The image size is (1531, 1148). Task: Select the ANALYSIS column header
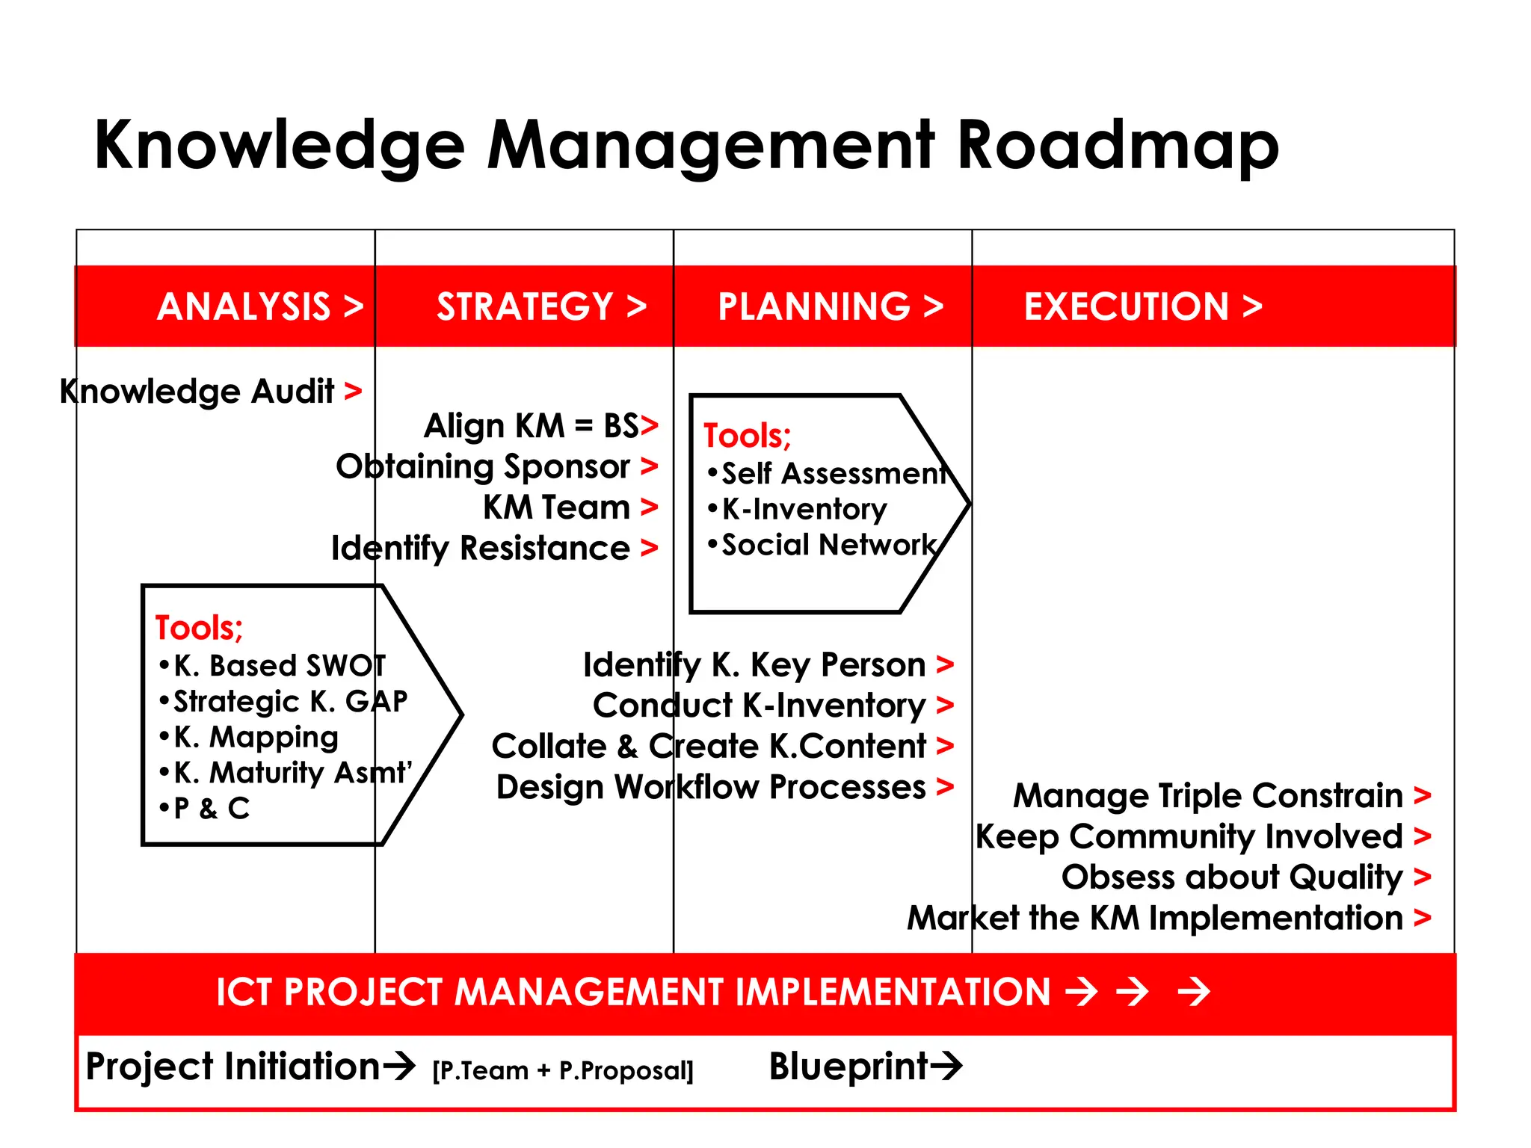(x=259, y=306)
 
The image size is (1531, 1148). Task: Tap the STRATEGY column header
(x=540, y=306)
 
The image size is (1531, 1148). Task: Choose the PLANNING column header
(x=830, y=306)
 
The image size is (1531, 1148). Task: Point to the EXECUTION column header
(x=1142, y=306)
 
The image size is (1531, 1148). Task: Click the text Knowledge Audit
(x=198, y=392)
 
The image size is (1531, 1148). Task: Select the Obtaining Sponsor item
(x=483, y=467)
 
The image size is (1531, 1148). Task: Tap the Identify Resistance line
(x=481, y=549)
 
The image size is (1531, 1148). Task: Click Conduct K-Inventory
(x=759, y=706)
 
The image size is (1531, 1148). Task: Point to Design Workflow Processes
(x=711, y=787)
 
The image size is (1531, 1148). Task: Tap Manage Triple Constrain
(x=1207, y=795)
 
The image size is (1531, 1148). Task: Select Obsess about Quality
(x=1231, y=877)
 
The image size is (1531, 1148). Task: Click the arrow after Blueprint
(x=946, y=1066)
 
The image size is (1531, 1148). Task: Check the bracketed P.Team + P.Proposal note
(x=563, y=1070)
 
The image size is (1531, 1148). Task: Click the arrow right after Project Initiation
(x=398, y=1066)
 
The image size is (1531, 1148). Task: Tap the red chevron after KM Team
(x=649, y=507)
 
